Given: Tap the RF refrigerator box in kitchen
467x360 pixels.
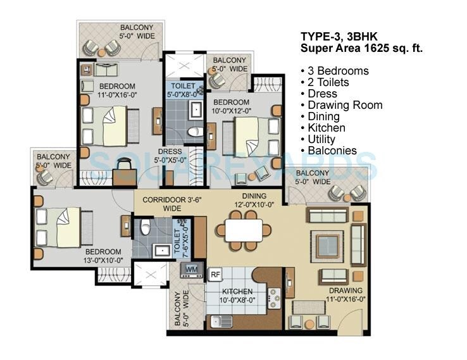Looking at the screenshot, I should click(215, 274).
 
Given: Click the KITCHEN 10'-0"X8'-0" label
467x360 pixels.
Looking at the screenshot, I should click(236, 296).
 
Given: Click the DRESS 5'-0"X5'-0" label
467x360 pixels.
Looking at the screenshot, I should click(170, 156).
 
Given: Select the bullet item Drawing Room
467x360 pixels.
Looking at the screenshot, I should click(345, 105).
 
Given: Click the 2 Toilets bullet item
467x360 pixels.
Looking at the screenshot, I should click(328, 82).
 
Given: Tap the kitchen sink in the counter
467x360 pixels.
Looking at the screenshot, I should click(218, 320).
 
